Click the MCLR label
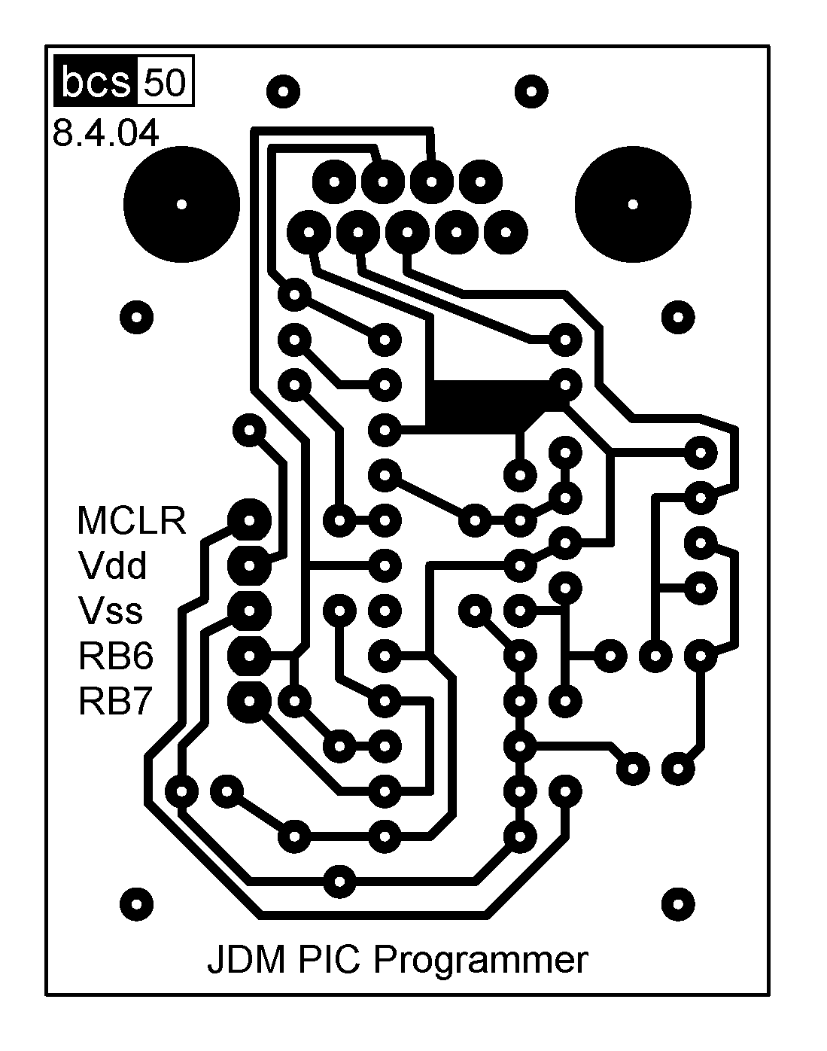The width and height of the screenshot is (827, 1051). point(131,520)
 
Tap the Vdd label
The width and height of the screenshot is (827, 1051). point(112,565)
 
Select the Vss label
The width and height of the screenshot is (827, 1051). point(110,611)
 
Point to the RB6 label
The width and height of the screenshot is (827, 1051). point(116,656)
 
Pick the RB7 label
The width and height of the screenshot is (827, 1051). point(116,701)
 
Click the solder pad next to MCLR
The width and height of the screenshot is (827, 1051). point(249,519)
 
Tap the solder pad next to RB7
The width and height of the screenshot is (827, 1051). point(249,700)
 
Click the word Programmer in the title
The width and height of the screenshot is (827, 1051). point(480,961)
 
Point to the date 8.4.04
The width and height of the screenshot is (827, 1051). point(105,134)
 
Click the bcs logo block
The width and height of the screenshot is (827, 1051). point(96,82)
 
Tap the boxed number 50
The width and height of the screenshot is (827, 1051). point(164,82)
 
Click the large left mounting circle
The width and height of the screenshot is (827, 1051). point(181,204)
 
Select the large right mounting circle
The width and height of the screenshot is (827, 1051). point(632,204)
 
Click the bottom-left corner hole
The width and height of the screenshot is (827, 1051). point(136,902)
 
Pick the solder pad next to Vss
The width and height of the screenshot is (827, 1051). point(249,610)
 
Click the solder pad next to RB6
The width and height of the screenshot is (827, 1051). point(249,655)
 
